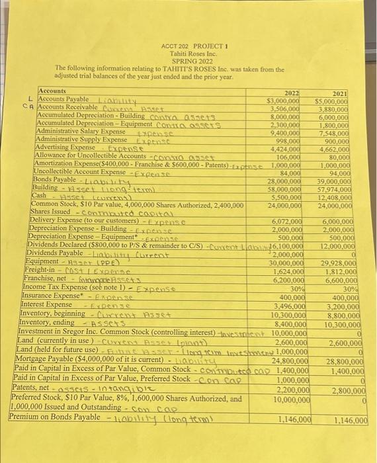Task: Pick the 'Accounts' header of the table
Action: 53,91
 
